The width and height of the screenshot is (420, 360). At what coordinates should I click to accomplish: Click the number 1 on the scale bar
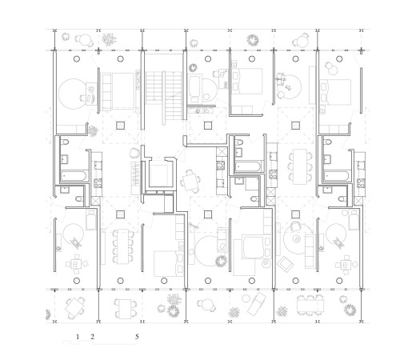coord(78,337)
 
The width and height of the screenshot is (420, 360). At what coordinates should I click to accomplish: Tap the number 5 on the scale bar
coord(137,337)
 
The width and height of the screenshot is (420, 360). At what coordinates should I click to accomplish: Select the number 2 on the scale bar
coord(93,337)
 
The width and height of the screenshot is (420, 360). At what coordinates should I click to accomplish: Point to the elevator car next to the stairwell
coord(158,175)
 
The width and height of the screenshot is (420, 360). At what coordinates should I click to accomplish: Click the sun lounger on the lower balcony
coord(256,303)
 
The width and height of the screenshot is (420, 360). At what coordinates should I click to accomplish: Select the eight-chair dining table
coord(123,246)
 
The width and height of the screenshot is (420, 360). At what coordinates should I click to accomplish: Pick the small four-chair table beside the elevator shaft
coord(190,181)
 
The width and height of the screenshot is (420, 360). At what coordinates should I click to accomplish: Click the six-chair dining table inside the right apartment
coord(300,166)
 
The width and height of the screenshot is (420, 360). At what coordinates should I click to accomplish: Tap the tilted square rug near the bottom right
coord(285,264)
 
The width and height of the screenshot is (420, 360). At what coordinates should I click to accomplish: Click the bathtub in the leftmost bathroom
coord(74,176)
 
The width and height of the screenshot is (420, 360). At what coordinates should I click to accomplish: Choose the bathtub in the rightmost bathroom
coord(336,176)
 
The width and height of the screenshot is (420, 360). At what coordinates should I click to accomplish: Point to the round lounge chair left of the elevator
coord(134,154)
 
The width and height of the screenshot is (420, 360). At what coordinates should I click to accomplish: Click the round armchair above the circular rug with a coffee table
coord(295,226)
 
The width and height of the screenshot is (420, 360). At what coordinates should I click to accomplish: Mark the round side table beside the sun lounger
coord(246,298)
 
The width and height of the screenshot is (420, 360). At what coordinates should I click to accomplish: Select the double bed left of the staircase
coord(118,92)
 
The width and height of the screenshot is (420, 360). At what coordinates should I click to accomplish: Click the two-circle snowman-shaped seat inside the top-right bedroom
coord(332,68)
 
